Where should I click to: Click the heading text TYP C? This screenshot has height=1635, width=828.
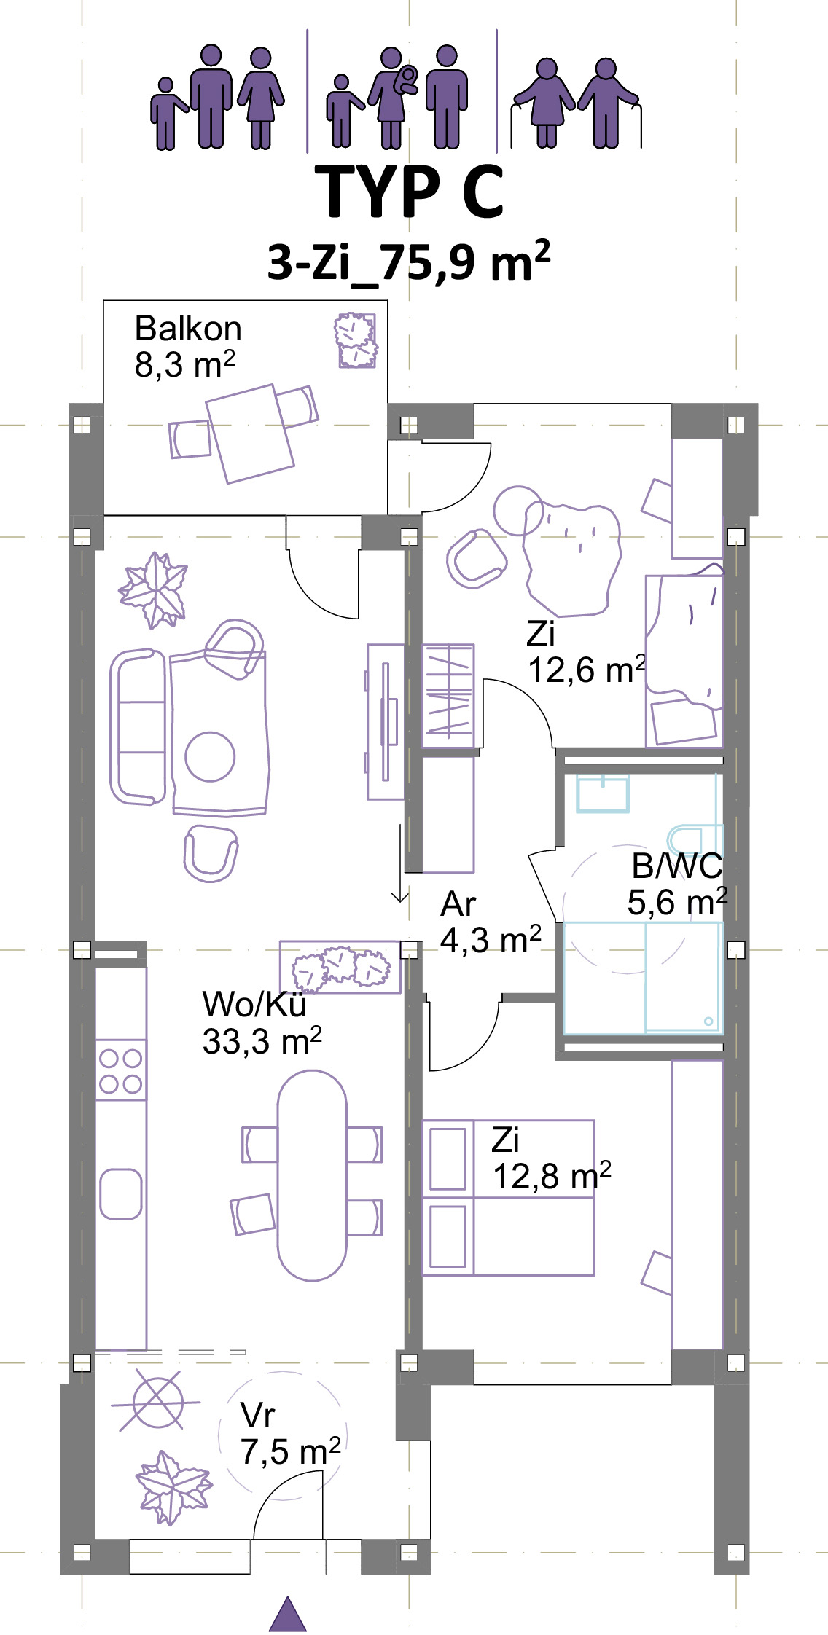click(x=413, y=191)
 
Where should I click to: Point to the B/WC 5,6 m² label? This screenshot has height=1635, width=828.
click(x=677, y=884)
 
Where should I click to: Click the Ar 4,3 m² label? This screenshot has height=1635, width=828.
click(x=491, y=922)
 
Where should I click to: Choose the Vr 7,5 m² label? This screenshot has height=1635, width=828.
click(x=290, y=1434)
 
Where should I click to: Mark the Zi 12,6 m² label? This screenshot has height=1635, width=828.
click(x=586, y=651)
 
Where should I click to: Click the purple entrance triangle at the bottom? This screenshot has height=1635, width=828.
click(x=288, y=1615)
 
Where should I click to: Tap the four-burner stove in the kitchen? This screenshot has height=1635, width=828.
click(x=121, y=1070)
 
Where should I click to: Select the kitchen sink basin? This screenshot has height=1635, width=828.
click(x=120, y=1194)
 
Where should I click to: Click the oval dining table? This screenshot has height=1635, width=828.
click(x=312, y=1175)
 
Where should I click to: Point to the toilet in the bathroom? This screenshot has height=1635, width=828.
click(x=695, y=839)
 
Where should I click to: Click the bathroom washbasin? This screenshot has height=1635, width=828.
click(x=603, y=793)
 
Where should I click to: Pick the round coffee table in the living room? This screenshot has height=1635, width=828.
click(x=210, y=756)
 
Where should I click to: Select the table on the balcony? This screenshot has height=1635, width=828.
click(x=250, y=434)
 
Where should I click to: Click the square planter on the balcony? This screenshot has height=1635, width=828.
click(x=356, y=340)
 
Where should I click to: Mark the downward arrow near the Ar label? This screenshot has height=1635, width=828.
click(x=399, y=864)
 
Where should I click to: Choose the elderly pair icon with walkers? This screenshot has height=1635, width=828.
click(x=576, y=103)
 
